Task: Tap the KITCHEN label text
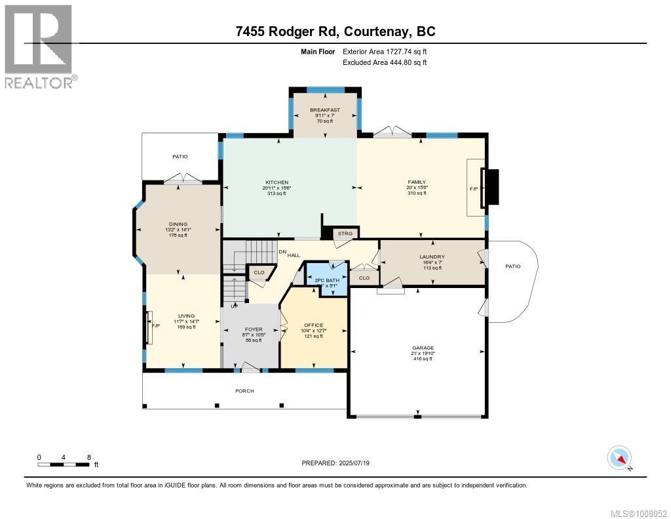[277, 182]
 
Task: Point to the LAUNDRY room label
[432, 257]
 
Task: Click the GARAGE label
[422, 348]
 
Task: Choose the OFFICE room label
[313, 325]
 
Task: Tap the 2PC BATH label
[326, 281]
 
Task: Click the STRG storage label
[344, 233]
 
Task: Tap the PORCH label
[244, 391]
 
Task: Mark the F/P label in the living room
[156, 326]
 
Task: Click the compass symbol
[619, 457]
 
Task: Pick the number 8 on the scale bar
[88, 457]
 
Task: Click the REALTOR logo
[39, 46]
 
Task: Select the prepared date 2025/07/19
[360, 463]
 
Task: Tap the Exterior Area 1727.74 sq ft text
[385, 51]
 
